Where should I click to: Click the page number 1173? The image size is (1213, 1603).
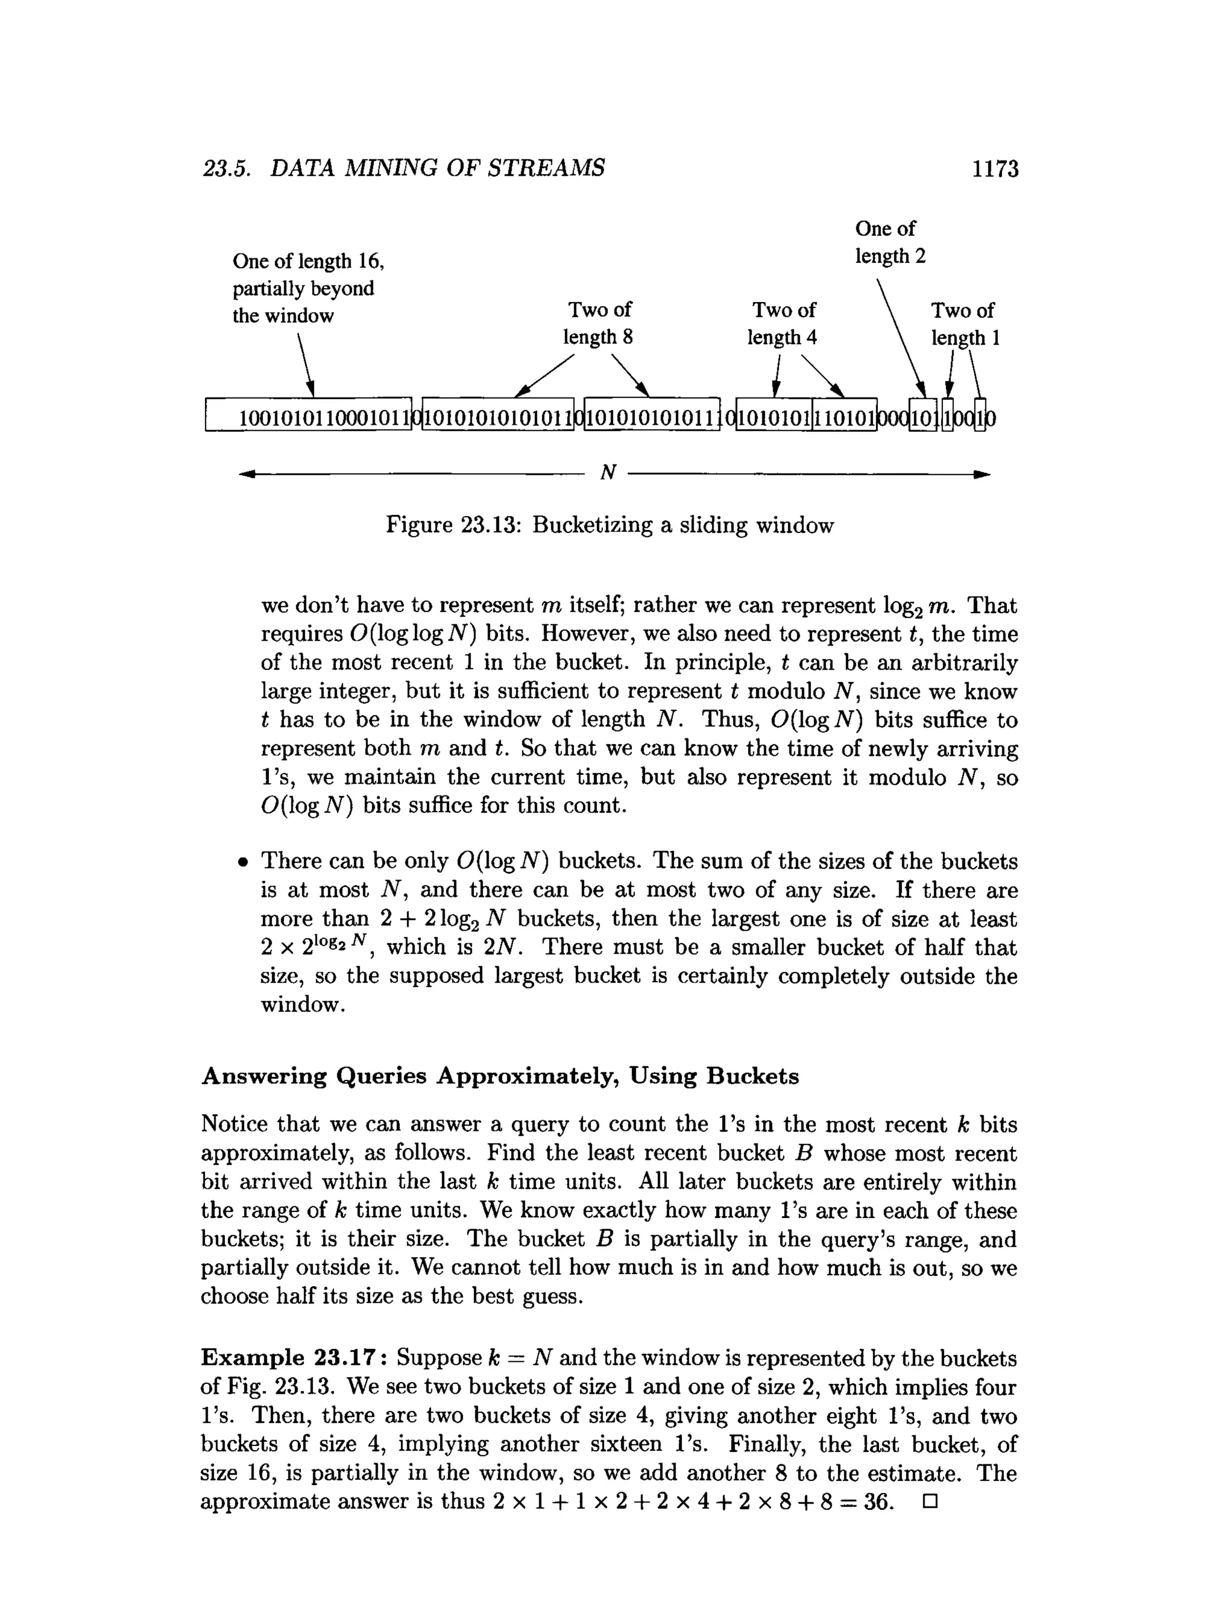coord(995,169)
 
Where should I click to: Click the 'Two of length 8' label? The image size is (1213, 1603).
coord(599,323)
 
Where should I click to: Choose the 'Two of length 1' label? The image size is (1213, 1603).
coord(964,324)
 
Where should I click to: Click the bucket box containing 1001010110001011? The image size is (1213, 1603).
coord(309,418)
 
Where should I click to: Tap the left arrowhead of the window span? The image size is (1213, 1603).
coord(247,475)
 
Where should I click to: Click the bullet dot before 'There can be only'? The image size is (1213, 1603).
coord(243,863)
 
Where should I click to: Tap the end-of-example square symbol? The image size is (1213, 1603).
coord(930,1502)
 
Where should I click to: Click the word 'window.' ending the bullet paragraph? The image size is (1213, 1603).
coord(302,1005)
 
